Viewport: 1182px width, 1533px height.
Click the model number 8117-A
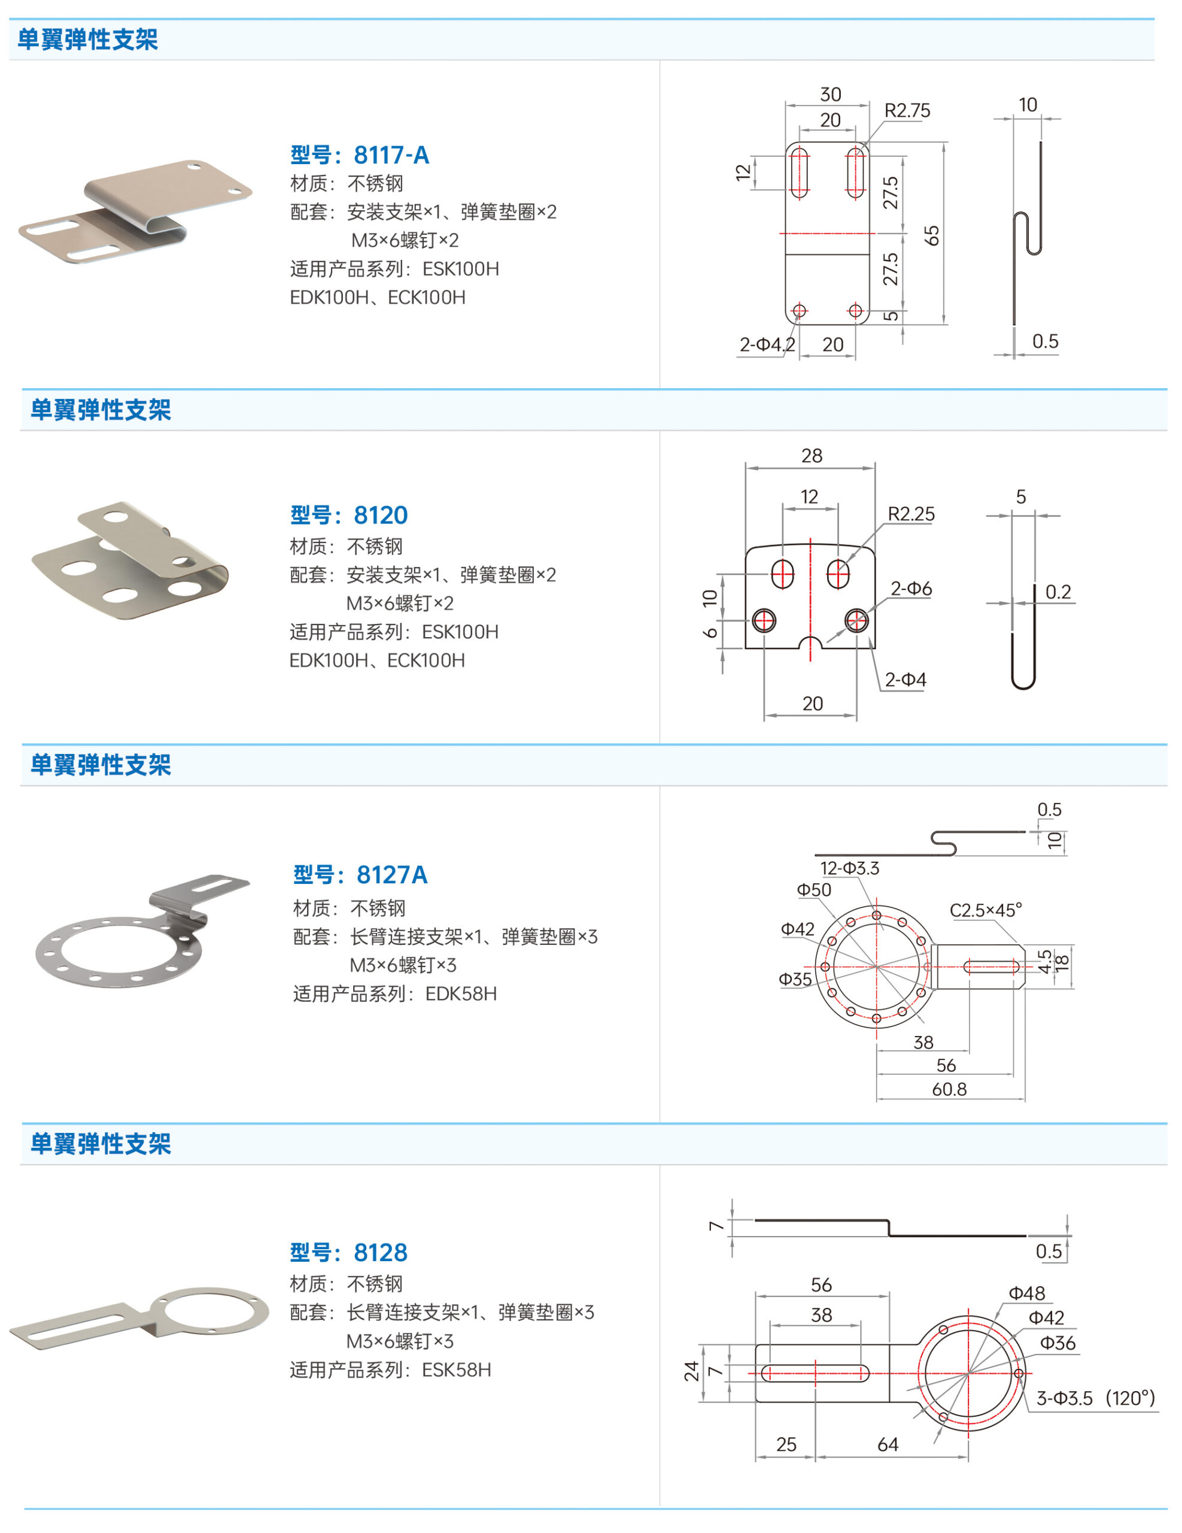point(391,155)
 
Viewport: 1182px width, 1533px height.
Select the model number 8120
point(380,515)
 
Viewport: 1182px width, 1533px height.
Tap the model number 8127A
point(391,875)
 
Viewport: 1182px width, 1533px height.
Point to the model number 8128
point(380,1252)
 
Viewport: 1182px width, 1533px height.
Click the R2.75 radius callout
point(907,111)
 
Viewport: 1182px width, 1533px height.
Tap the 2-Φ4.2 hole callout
point(767,345)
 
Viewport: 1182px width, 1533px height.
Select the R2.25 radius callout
point(911,514)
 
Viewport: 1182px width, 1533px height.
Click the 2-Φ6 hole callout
point(911,588)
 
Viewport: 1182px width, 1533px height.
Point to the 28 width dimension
point(812,456)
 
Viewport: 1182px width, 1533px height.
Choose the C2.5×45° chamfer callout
point(986,910)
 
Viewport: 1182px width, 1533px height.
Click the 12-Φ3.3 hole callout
point(849,868)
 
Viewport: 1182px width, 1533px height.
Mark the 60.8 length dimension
point(949,1089)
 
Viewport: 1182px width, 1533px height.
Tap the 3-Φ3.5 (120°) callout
point(1095,1398)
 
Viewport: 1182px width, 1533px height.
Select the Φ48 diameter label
point(1026,1293)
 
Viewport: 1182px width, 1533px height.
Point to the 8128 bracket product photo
point(139,1314)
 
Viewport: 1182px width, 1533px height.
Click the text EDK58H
point(461,993)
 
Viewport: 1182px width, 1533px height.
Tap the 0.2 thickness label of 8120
point(1058,592)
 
